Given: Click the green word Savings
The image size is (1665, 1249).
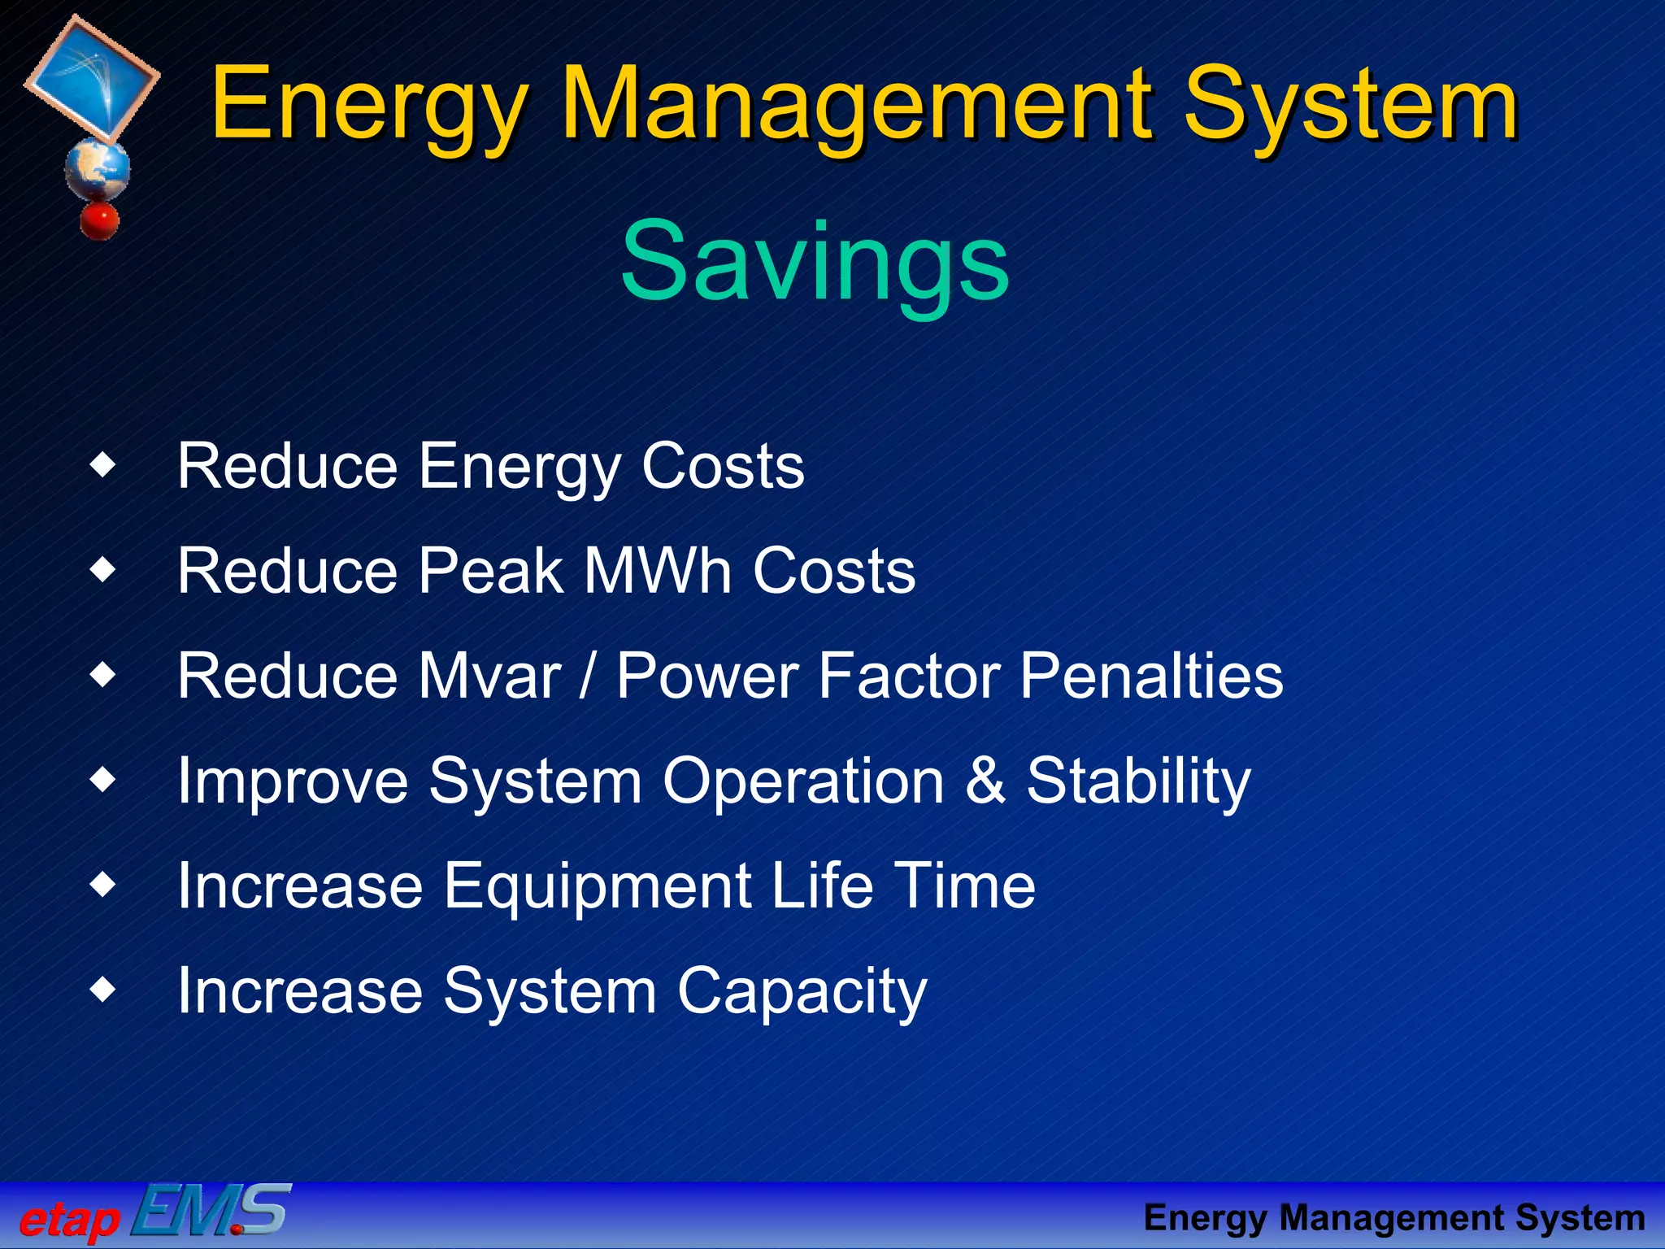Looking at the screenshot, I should point(815,262).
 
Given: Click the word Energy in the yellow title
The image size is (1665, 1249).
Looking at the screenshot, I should point(370,106).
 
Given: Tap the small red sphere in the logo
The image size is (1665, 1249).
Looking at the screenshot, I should point(99,220).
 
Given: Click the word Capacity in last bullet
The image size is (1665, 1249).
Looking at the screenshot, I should point(802,991).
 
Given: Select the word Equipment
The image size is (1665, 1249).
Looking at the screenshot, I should point(598,886).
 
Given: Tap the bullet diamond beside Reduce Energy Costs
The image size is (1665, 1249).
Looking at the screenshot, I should point(103,466).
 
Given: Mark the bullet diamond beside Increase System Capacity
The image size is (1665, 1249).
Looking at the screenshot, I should point(103,990).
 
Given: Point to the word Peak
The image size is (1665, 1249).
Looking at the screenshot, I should point(490,571).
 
